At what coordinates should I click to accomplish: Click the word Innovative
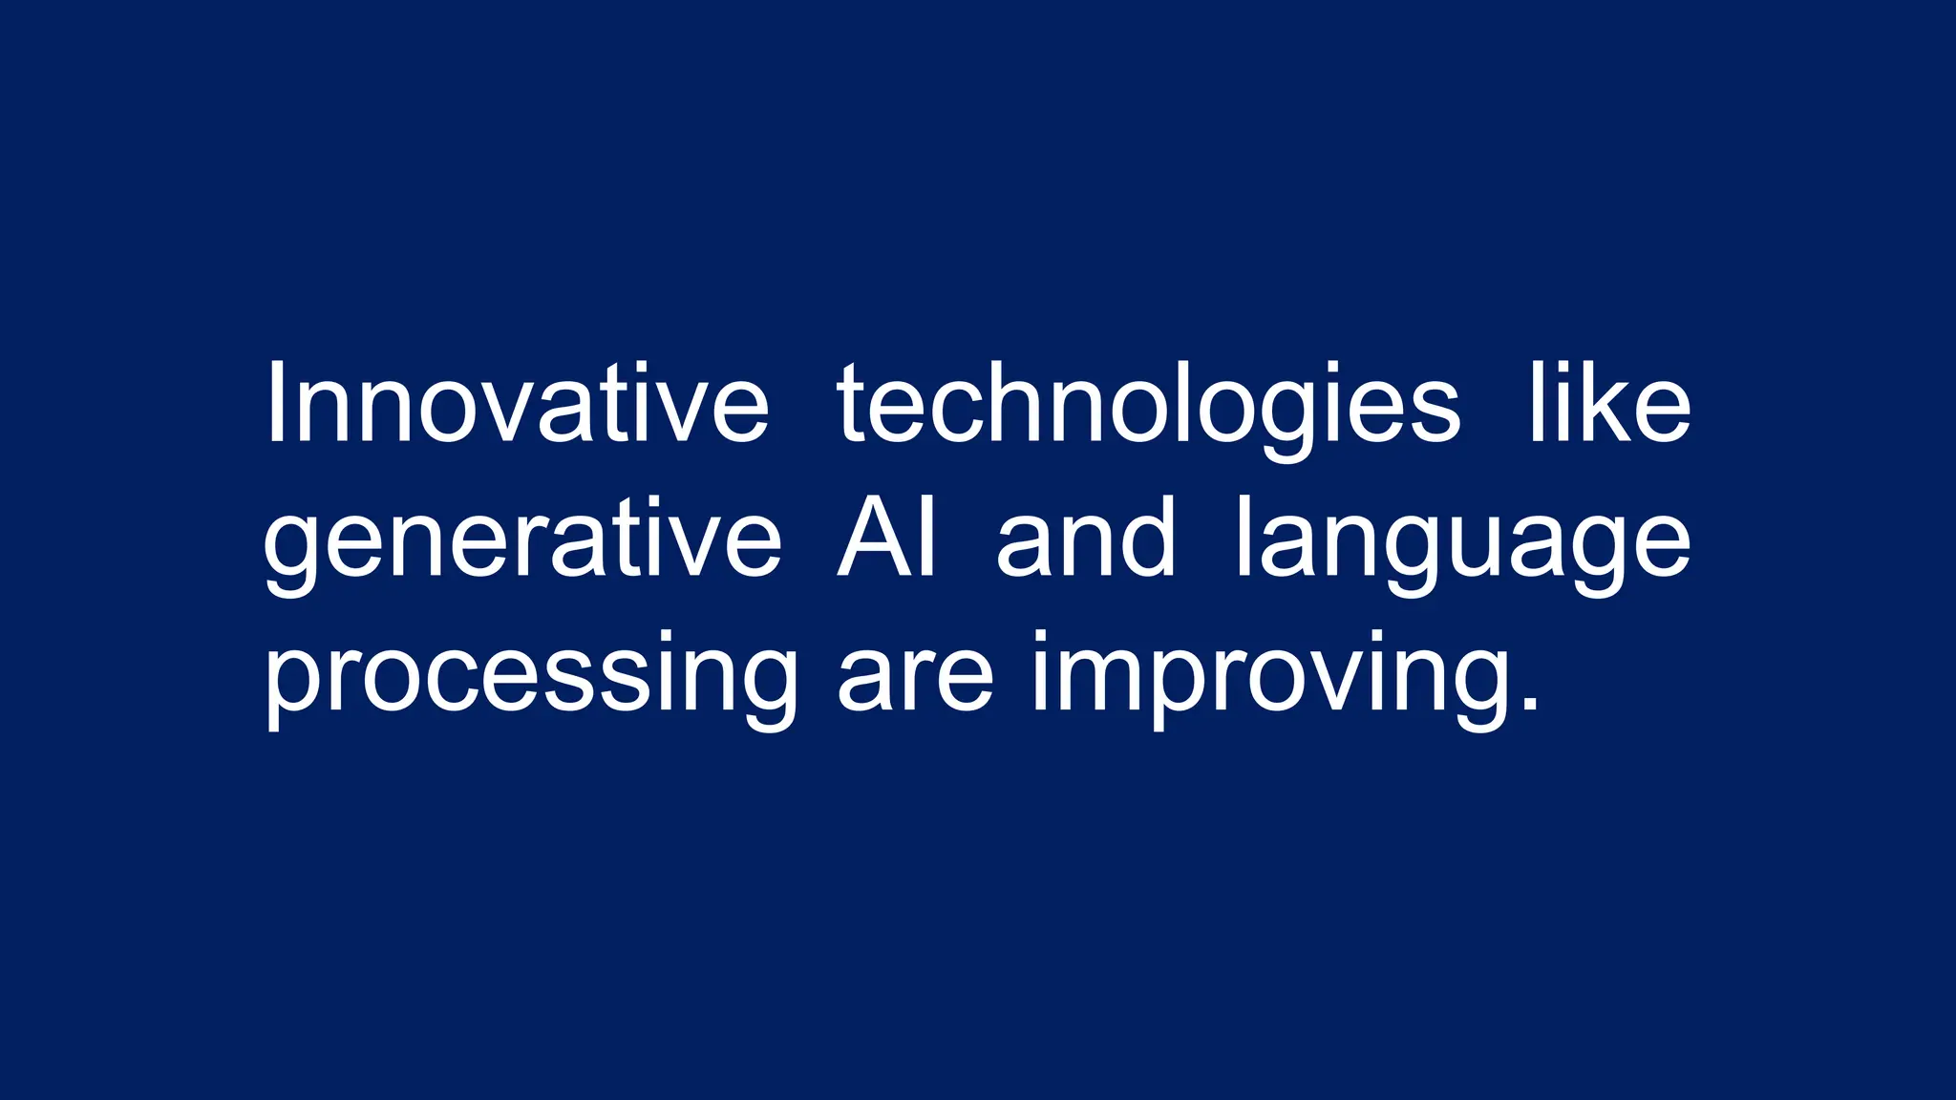click(x=516, y=403)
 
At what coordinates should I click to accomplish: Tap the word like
click(x=1610, y=403)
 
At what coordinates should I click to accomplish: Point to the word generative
click(x=521, y=542)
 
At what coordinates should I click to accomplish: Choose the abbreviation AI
click(x=887, y=538)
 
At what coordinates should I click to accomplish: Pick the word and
click(x=1086, y=538)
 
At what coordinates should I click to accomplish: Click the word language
click(x=1463, y=542)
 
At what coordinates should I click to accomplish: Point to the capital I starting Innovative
click(x=275, y=403)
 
